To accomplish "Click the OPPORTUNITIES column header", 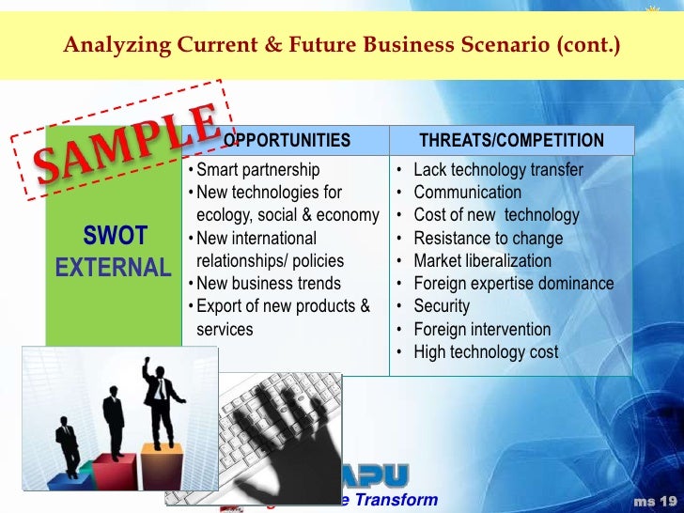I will point(287,141).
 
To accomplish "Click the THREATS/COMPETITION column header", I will point(511,141).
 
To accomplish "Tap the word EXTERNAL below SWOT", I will point(114,268).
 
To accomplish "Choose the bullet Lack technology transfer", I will point(498,170).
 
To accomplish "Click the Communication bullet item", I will point(467,193).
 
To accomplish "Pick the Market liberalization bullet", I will point(482,261).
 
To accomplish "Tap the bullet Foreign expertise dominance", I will point(513,284).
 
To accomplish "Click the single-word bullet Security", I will point(442,306).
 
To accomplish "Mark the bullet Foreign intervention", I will point(482,330).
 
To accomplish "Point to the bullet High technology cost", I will point(486,352).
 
